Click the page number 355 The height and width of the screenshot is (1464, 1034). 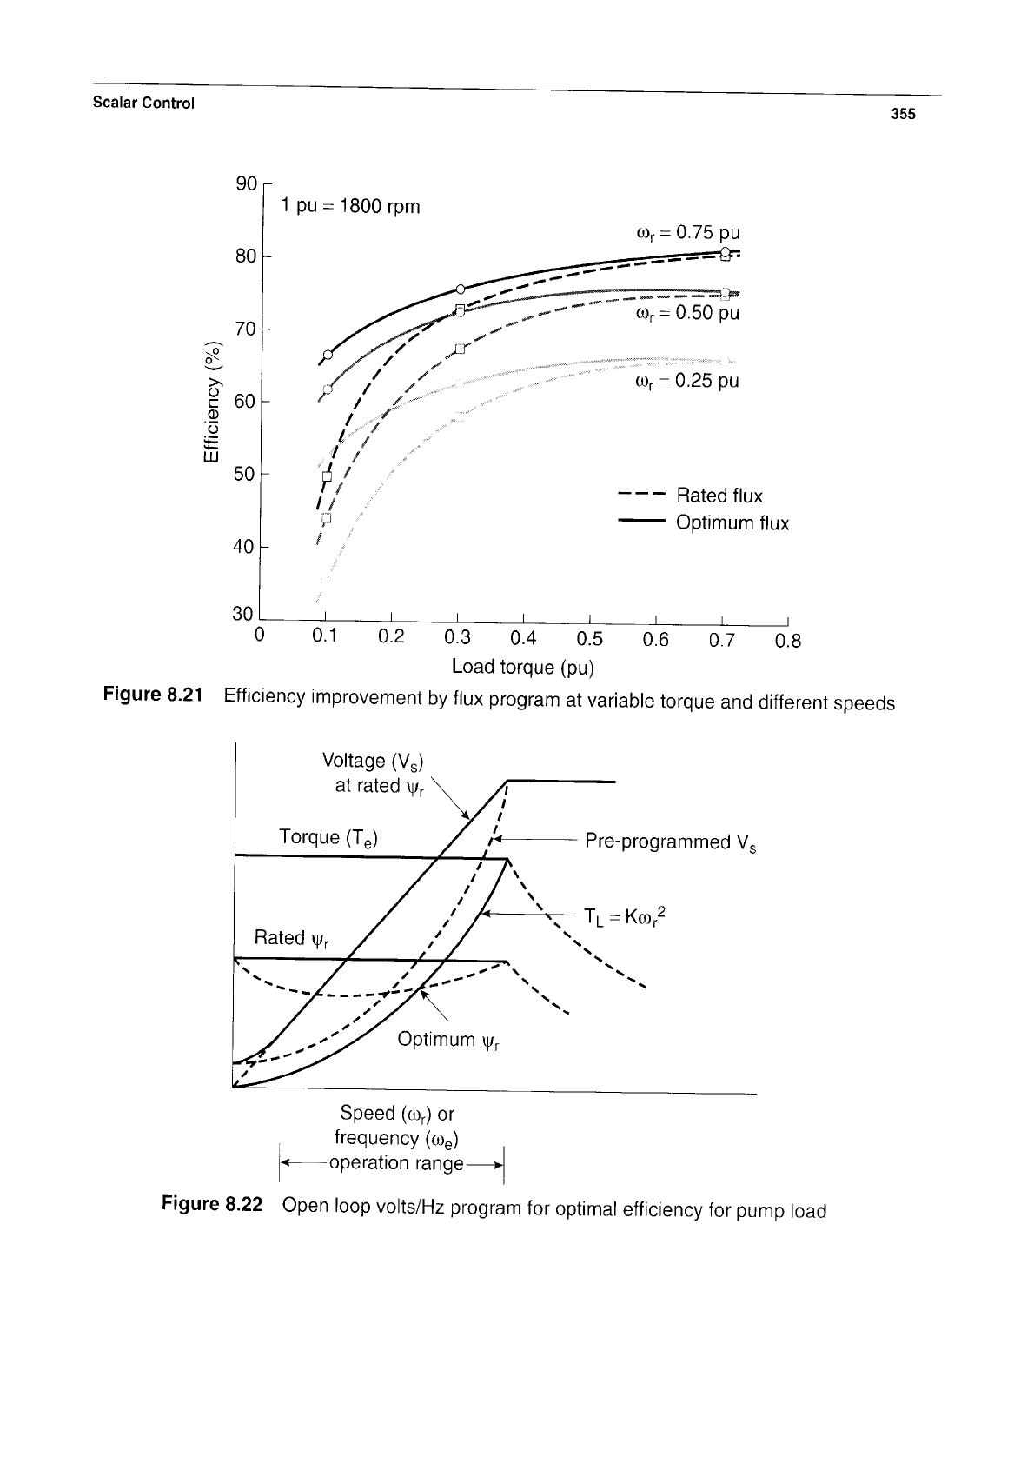coord(904,114)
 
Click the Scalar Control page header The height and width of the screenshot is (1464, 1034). coord(143,103)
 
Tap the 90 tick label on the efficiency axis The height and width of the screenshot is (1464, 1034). coord(246,183)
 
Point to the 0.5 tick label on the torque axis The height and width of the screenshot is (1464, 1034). coord(589,638)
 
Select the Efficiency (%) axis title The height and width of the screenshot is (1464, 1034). coord(210,402)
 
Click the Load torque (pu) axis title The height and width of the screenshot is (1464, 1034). coord(522,668)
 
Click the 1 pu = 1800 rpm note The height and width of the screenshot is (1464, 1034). coord(350,206)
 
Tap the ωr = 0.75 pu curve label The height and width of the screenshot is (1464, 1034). coord(688,233)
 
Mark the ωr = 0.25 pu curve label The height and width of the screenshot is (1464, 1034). coord(687,381)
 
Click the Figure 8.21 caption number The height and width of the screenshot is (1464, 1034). coord(153,694)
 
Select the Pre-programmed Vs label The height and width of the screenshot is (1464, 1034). coord(670,842)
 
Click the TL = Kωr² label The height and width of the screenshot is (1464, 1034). coord(625,916)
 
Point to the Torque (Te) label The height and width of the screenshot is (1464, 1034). coord(328,838)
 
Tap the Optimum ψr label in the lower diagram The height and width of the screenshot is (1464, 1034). coord(448,1040)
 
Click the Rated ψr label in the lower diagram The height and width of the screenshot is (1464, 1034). coord(291,939)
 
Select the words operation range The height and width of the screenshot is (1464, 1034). coord(396,1163)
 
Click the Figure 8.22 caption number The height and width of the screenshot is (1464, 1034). coord(212,1204)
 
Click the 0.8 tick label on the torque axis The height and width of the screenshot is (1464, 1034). coord(788,642)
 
